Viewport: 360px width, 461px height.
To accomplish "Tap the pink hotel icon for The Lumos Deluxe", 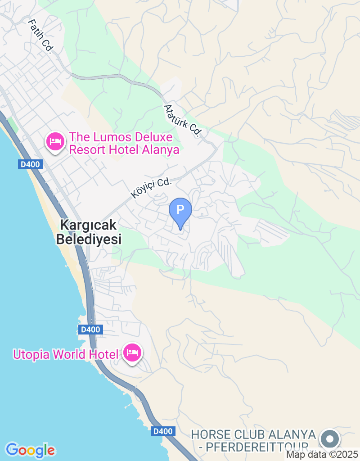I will tap(55, 141).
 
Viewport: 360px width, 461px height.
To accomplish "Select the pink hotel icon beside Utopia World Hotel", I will tap(132, 353).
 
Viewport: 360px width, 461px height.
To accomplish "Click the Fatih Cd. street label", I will tap(40, 36).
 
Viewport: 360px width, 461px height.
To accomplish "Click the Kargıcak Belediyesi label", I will tap(89, 232).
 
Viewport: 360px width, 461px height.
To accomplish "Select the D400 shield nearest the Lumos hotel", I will tap(31, 164).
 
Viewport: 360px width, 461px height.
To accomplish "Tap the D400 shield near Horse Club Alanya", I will tap(162, 431).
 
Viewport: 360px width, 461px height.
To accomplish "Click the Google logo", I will tap(30, 450).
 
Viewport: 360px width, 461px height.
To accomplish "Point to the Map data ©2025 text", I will tap(322, 455).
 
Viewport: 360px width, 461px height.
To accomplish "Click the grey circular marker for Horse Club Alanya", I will tap(330, 438).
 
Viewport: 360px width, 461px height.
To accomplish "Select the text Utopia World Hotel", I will tap(65, 354).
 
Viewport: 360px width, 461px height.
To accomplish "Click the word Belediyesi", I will tap(89, 239).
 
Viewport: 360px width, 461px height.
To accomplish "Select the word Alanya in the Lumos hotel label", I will tap(161, 150).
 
